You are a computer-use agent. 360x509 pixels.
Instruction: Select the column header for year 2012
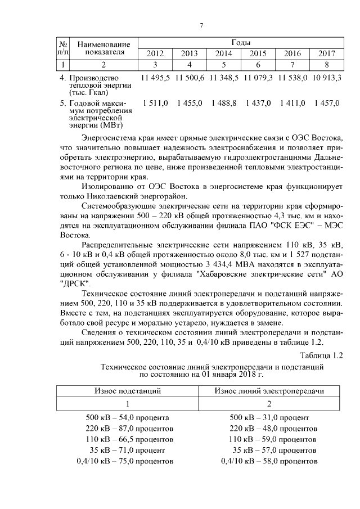(x=155, y=54)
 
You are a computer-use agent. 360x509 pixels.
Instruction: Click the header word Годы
(x=241, y=43)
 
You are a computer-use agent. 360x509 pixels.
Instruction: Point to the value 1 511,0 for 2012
(x=155, y=103)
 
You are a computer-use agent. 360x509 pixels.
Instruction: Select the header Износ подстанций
(x=127, y=390)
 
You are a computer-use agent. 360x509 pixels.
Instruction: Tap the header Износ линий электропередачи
(x=269, y=390)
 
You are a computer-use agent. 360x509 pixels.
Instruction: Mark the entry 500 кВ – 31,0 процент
(x=269, y=418)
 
